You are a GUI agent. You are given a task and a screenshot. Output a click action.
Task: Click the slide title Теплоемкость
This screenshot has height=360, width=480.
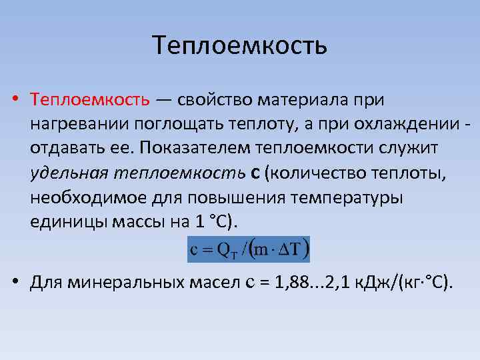pyautogui.click(x=240, y=46)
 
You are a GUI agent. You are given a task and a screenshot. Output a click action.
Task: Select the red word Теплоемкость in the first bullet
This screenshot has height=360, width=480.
pyautogui.click(x=90, y=100)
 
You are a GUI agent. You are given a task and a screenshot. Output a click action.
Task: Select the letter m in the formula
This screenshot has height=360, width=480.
pyautogui.click(x=263, y=251)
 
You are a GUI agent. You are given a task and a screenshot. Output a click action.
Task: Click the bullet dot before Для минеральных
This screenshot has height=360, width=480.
pyautogui.click(x=15, y=282)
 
